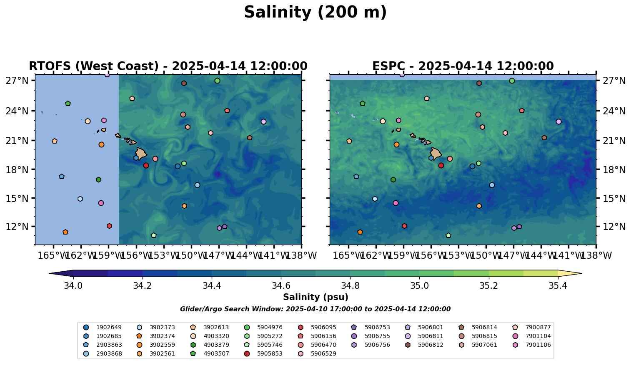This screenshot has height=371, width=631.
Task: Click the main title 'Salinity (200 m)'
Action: coord(315,13)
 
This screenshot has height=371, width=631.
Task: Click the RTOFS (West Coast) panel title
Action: coord(168,66)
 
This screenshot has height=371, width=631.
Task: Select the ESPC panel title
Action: coord(463,66)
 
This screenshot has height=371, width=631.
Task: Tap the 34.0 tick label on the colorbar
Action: coord(73,286)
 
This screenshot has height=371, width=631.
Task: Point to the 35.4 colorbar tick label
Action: coord(558,286)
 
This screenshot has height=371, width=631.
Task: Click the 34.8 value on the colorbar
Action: coord(350,286)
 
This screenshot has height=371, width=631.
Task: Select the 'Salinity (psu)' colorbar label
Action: coord(315,297)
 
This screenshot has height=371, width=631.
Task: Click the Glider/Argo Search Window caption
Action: coord(315,309)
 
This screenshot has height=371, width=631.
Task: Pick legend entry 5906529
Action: coord(323,354)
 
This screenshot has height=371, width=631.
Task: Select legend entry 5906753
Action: coord(376,328)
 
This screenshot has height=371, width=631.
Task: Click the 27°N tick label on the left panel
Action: coord(17,81)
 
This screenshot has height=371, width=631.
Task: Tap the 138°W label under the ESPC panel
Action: coord(596,255)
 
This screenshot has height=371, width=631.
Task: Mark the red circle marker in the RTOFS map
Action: coord(146,166)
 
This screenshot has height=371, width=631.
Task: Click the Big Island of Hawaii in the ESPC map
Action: coord(436,154)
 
